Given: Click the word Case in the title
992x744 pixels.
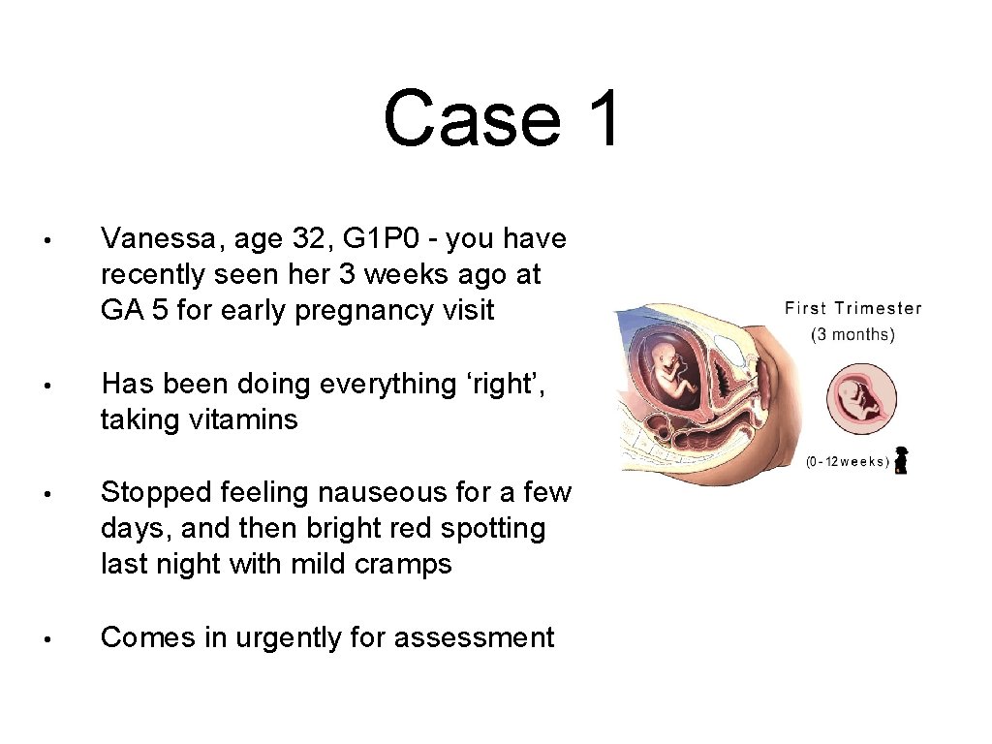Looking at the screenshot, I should pyautogui.click(x=471, y=118).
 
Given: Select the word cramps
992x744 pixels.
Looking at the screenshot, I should pyautogui.click(x=402, y=564).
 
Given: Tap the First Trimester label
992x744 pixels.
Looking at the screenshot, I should pyautogui.click(x=852, y=309).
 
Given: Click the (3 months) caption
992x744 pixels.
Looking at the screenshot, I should pyautogui.click(x=852, y=335).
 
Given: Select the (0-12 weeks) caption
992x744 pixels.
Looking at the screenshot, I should pyautogui.click(x=847, y=462).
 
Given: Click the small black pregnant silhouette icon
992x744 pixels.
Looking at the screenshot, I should pyautogui.click(x=901, y=461).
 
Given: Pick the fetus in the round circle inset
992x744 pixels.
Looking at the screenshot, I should pyautogui.click(x=860, y=398).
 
